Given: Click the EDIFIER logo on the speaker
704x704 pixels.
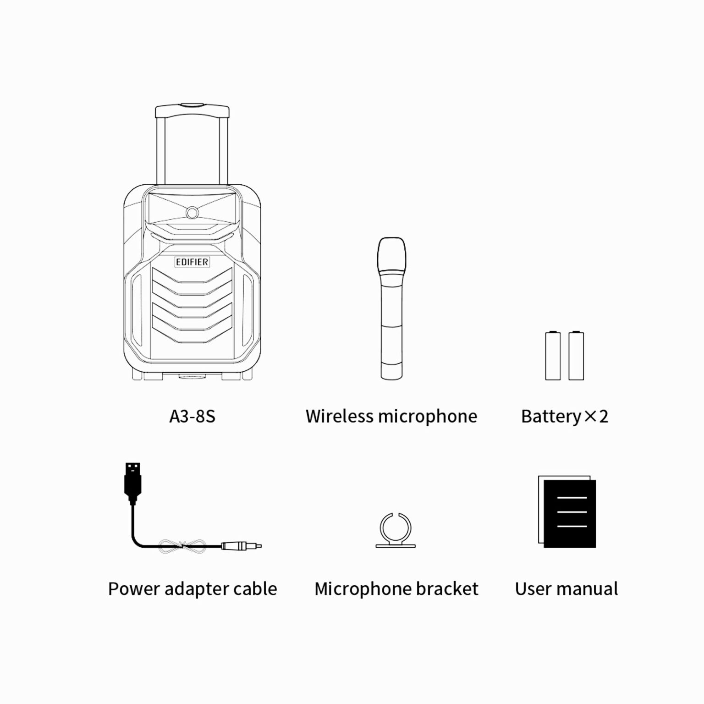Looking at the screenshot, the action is pyautogui.click(x=192, y=262).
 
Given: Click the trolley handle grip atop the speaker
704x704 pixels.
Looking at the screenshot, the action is pyautogui.click(x=192, y=110).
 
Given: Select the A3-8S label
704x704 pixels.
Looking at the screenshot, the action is pyautogui.click(x=192, y=416).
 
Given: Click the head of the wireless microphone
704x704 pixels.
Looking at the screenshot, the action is pyautogui.click(x=391, y=255).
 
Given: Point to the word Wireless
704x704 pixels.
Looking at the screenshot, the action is pyautogui.click(x=340, y=416).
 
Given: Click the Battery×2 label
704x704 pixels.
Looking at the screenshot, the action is pyautogui.click(x=565, y=416).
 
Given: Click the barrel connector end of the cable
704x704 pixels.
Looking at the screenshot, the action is pyautogui.click(x=241, y=546).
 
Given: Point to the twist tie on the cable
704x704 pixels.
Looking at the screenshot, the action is pyautogui.click(x=182, y=545).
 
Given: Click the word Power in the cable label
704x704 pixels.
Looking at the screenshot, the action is pyautogui.click(x=134, y=588).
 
